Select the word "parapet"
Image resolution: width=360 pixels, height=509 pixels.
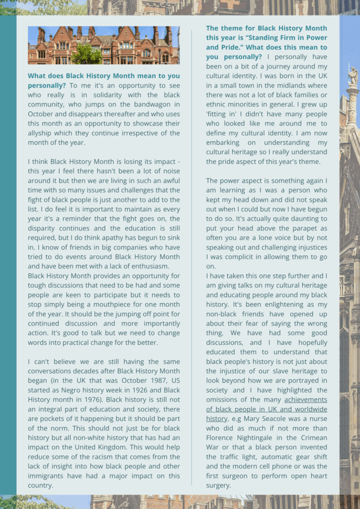coord(301,228)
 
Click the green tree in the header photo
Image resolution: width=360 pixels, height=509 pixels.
coord(87,54)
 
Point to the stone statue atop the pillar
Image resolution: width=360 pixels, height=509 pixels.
coord(353,77)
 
